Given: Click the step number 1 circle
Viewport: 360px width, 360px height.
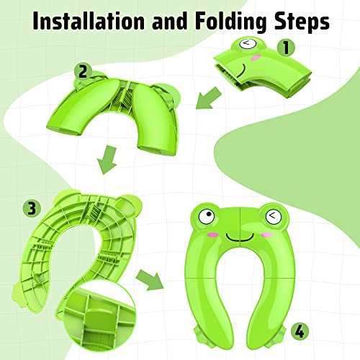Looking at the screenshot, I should point(289,49).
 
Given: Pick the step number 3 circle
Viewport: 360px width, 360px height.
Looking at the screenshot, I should point(31,209).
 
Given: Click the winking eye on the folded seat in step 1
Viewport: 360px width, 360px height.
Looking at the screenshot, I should point(246,45).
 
